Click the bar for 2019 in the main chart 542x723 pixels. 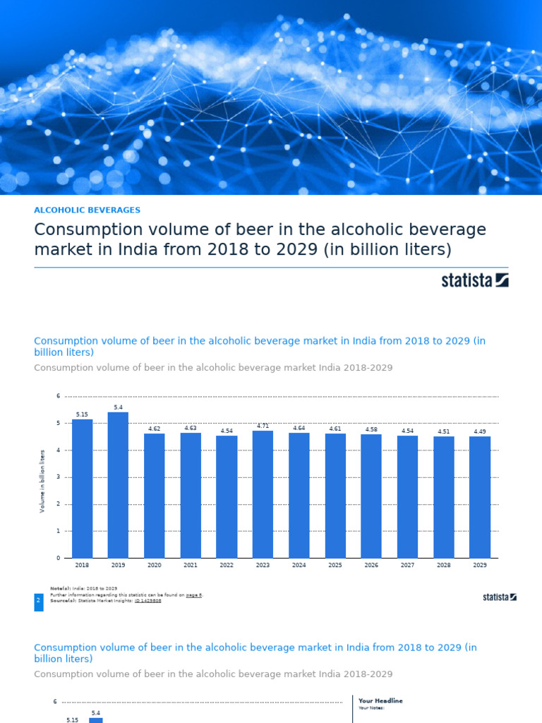click(118, 485)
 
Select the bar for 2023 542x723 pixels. click(263, 494)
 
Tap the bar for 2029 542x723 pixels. click(480, 497)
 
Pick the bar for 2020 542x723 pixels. click(154, 496)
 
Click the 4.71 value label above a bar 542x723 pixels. click(263, 426)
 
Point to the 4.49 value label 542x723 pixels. click(480, 431)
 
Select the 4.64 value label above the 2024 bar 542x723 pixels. click(299, 428)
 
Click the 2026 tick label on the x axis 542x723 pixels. click(371, 566)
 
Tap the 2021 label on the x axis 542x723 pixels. click(191, 566)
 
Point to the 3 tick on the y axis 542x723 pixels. click(59, 477)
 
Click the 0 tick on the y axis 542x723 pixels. click(59, 558)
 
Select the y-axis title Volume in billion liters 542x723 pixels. click(42, 481)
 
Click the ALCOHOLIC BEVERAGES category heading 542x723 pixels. click(87, 210)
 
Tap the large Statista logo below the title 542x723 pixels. click(474, 280)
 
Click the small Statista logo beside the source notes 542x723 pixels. click(499, 597)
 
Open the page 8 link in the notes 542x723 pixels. click(194, 594)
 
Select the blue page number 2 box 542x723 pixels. click(38, 602)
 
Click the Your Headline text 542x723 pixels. click(380, 700)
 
